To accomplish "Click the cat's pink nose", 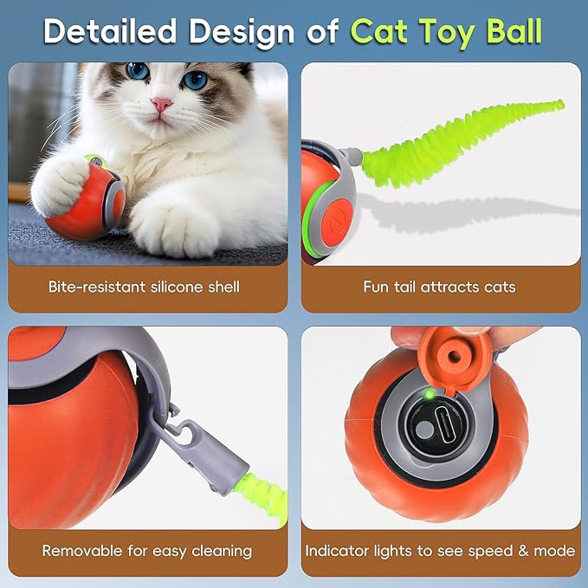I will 162,105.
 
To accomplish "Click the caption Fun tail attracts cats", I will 440,286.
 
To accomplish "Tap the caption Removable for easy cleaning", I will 146,551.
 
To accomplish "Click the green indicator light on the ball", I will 428,395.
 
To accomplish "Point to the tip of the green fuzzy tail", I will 558,106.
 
